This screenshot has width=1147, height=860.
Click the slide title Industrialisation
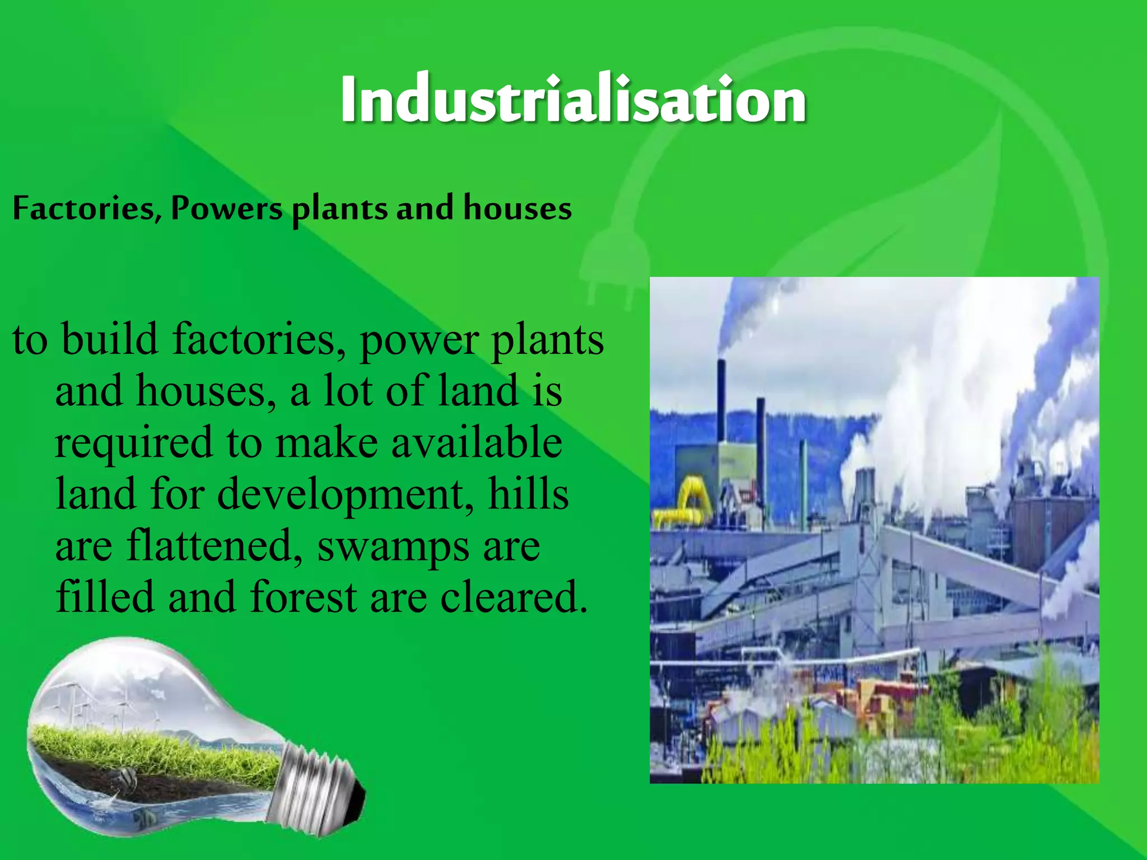(573, 99)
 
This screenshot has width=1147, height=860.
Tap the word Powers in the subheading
(227, 208)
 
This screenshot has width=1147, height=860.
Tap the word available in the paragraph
(476, 442)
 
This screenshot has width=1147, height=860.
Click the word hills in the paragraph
(528, 494)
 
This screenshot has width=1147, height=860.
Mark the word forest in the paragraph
(303, 597)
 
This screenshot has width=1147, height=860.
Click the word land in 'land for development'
(96, 494)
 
